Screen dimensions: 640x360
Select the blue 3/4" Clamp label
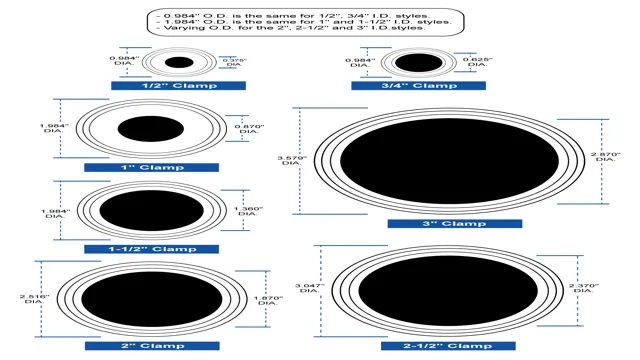point(417,86)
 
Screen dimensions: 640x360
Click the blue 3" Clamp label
point(454,223)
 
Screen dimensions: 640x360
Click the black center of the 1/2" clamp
point(178,62)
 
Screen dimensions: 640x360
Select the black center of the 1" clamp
point(152,128)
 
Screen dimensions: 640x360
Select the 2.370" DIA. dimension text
point(583,291)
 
